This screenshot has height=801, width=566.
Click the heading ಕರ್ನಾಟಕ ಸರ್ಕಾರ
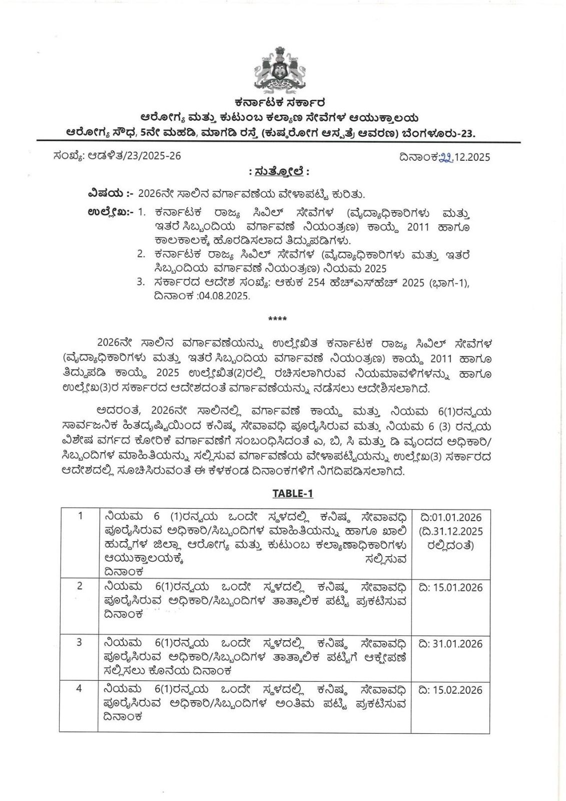click(283, 104)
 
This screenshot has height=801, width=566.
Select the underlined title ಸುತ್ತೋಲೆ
click(279, 172)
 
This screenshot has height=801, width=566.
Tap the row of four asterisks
click(278, 319)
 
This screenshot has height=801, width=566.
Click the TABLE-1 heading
click(293, 493)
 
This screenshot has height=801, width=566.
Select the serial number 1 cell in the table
click(80, 516)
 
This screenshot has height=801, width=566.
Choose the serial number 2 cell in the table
click(80, 585)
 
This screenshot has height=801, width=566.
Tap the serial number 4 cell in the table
click(79, 688)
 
